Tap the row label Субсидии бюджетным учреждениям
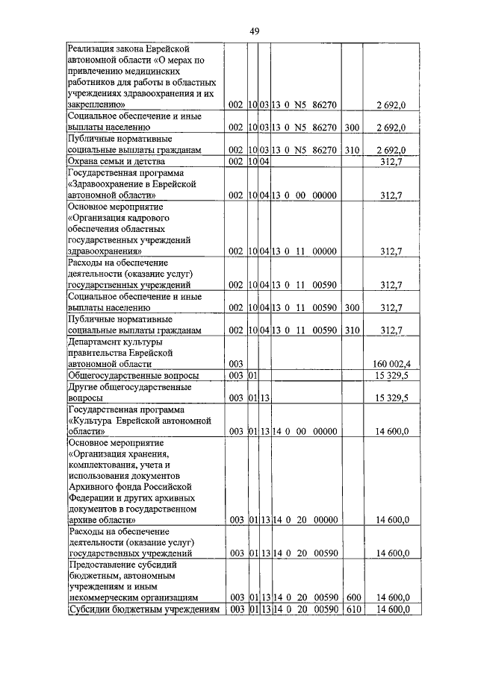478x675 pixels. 143,610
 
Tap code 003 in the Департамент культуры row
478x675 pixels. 236,363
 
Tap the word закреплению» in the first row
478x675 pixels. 96,106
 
